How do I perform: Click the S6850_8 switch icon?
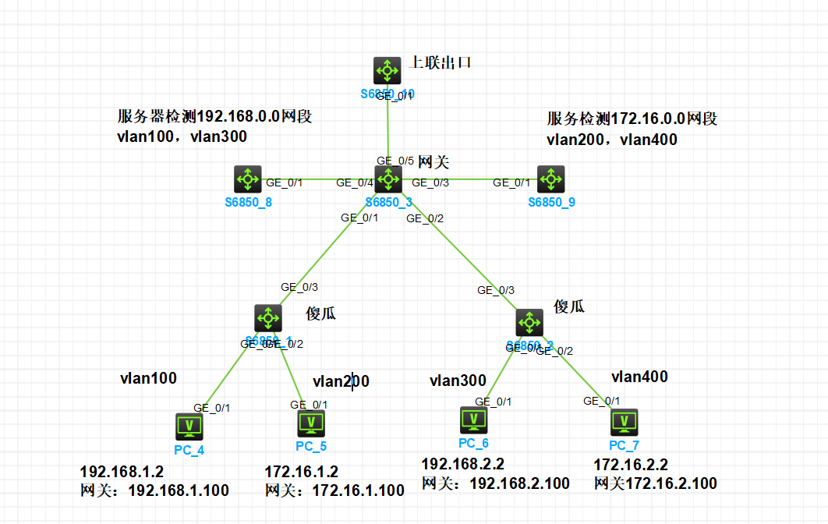pos(248,179)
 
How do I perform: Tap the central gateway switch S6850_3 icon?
pos(387,179)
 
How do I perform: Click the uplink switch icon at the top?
pos(387,71)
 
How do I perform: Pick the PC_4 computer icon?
pos(188,426)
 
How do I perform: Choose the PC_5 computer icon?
pos(311,423)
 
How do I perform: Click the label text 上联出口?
pos(441,63)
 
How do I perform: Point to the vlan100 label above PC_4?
pos(148,379)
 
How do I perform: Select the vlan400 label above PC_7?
pos(639,377)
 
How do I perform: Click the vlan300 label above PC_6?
pos(458,381)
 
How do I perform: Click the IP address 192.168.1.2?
pos(122,472)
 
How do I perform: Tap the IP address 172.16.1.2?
pos(301,472)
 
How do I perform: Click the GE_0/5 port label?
pos(395,161)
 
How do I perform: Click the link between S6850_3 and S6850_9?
pos(468,179)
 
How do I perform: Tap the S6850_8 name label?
pos(248,202)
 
